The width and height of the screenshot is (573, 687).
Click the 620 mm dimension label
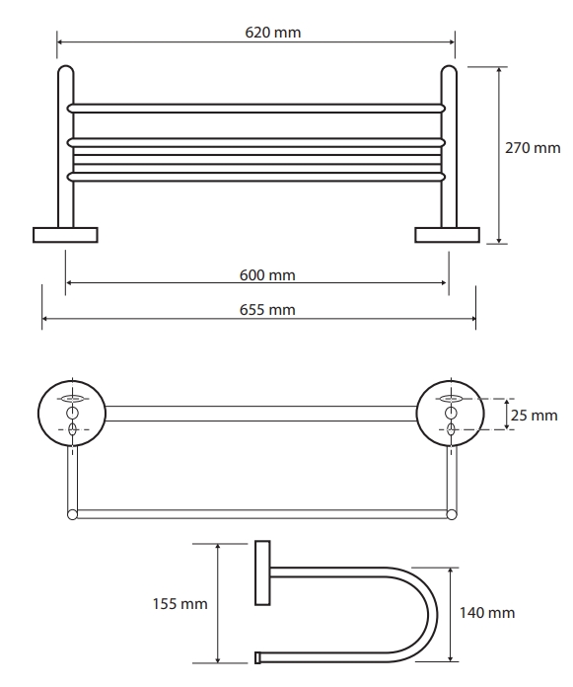(273, 33)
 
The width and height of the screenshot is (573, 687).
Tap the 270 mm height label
(533, 148)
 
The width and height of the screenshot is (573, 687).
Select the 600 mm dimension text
(267, 275)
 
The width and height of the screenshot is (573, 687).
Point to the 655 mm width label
(267, 310)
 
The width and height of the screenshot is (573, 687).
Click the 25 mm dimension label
(534, 416)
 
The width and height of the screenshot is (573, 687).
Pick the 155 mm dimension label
(179, 604)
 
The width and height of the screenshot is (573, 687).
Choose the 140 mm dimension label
(487, 613)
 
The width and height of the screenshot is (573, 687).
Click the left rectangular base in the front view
(65, 235)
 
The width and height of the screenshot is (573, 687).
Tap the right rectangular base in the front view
(447, 235)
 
